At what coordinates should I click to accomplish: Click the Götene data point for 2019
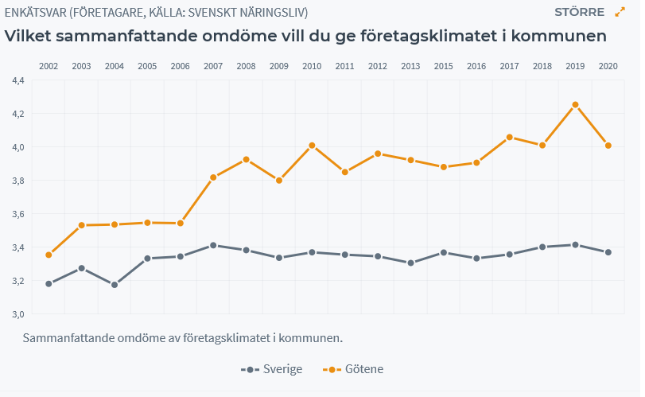[575, 104]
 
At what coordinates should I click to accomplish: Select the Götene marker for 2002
[49, 255]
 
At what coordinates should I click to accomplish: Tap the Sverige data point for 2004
[115, 284]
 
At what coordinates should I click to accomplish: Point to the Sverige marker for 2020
[608, 252]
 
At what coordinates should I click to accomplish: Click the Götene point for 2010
[312, 146]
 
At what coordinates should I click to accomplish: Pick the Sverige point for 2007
[213, 245]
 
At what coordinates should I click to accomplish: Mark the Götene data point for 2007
[213, 177]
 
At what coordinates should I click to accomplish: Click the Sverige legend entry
[272, 369]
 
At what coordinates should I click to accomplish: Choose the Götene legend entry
[354, 369]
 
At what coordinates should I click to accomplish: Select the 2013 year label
[410, 65]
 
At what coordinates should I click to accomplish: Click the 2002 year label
[49, 65]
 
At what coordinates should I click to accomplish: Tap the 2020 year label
[608, 65]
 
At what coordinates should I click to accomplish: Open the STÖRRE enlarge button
[579, 12]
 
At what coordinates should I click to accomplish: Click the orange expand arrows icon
[620, 12]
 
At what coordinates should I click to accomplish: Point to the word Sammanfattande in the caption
[68, 338]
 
